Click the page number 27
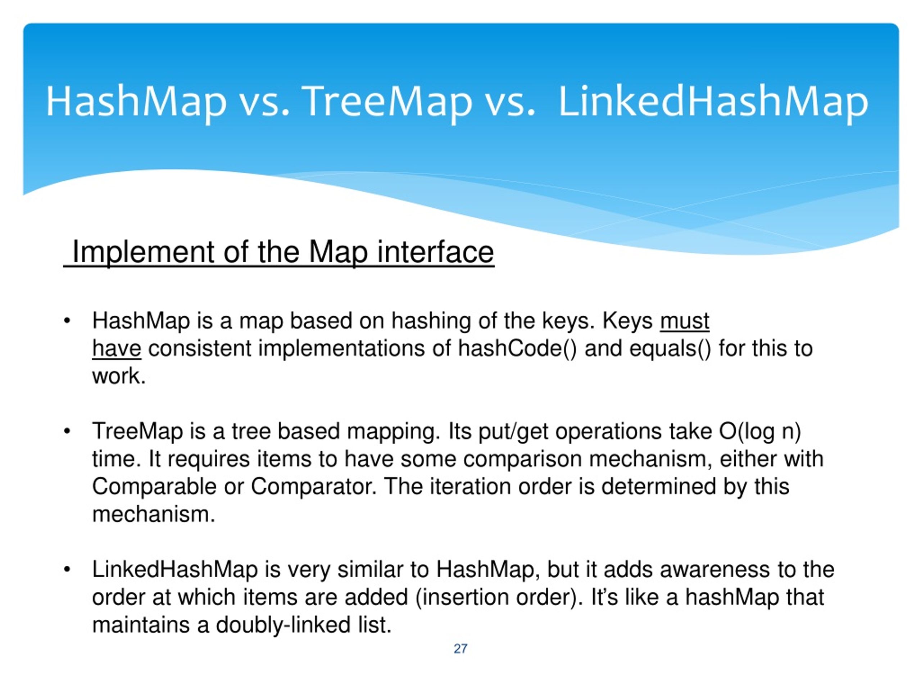460,649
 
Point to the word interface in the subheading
436,252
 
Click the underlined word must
685,321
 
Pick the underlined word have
117,349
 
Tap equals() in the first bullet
670,349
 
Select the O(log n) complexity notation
760,432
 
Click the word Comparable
154,487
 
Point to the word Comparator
313,487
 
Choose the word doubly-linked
283,625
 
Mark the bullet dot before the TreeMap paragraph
67,432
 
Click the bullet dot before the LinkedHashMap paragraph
67,570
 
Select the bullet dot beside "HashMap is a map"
67,321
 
